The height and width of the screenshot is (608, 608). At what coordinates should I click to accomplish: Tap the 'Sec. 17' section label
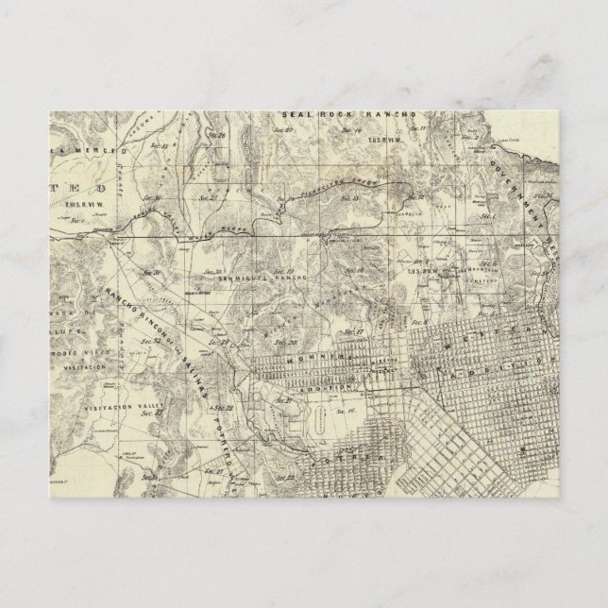[x=353, y=332]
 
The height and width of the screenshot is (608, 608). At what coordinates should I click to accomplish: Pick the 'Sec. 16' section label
[x=345, y=412]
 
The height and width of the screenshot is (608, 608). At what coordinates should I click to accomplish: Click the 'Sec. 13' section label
[x=348, y=199]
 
